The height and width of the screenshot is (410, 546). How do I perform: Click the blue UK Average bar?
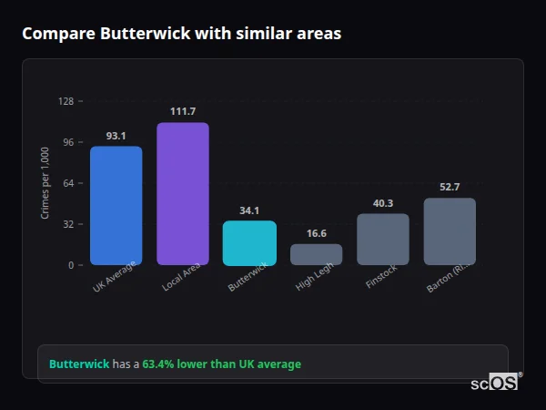point(116,206)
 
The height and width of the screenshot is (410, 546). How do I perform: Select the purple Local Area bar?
point(182,194)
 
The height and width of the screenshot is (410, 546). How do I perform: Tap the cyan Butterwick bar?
point(249,243)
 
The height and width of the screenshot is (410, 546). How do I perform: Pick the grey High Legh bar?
point(316,254)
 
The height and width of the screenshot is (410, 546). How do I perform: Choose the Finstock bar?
point(383,240)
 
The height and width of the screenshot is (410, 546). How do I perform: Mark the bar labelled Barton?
point(450,231)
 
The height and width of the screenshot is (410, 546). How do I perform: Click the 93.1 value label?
point(116,136)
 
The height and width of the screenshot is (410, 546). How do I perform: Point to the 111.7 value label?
point(182,111)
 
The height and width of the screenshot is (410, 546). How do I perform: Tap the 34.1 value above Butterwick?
point(249,210)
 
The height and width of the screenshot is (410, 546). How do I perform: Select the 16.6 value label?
point(316,233)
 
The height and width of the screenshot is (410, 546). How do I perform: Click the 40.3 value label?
point(383,203)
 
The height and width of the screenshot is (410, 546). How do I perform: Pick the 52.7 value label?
point(450,187)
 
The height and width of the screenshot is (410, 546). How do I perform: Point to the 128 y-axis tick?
point(66,101)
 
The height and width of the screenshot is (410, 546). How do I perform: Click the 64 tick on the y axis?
point(68,183)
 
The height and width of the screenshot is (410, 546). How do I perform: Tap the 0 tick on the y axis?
point(71,265)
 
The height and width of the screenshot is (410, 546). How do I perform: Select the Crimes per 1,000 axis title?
point(45,183)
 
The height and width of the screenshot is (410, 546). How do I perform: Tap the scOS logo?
point(495,384)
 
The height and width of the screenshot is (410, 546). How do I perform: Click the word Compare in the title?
point(55,34)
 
